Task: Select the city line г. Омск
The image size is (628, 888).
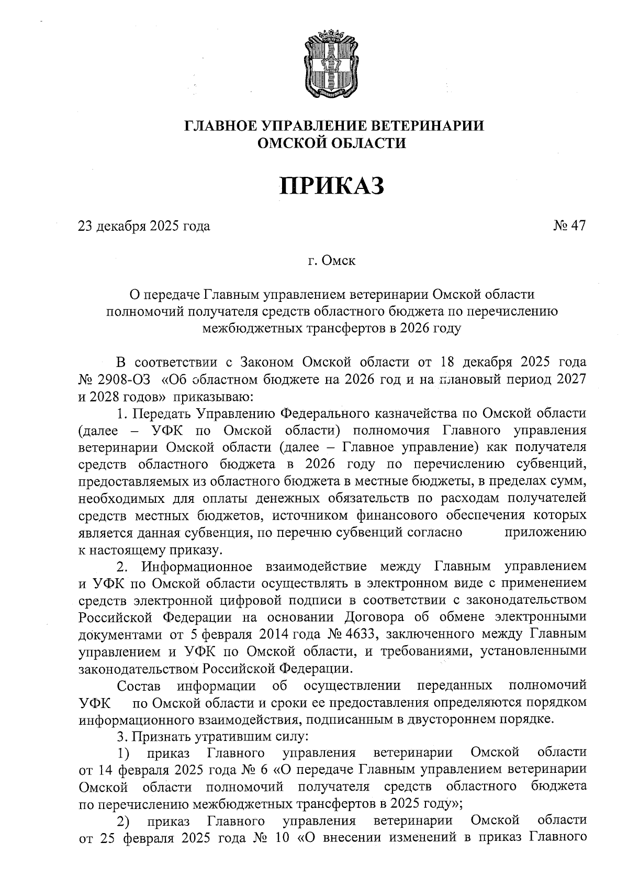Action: (x=332, y=260)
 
